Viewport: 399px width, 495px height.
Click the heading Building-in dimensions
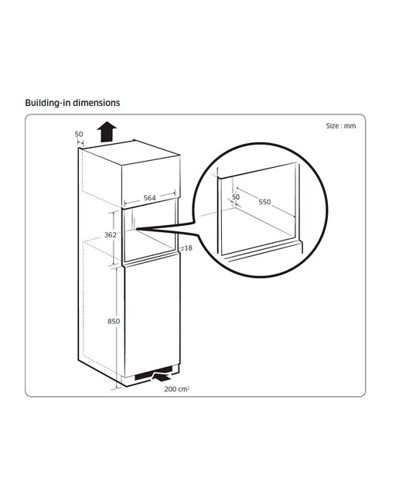tap(72, 103)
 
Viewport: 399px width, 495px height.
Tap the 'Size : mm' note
tap(341, 126)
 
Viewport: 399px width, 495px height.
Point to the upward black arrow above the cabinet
tap(107, 132)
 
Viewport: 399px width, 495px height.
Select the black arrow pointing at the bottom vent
tap(162, 377)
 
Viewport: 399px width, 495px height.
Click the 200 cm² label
tap(177, 389)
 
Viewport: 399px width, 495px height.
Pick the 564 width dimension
tap(150, 198)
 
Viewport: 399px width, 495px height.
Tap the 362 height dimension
tap(110, 235)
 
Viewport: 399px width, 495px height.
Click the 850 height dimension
tap(114, 322)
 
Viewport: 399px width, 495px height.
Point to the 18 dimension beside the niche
tap(188, 248)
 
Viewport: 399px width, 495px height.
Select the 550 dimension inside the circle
tap(264, 202)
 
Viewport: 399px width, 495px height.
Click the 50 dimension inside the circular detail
tap(236, 197)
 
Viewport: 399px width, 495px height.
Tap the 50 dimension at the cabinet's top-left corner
tap(79, 134)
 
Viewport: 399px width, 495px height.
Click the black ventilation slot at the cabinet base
tap(153, 373)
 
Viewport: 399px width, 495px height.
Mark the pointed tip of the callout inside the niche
tap(138, 228)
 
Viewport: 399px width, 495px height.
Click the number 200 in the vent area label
tap(170, 389)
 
